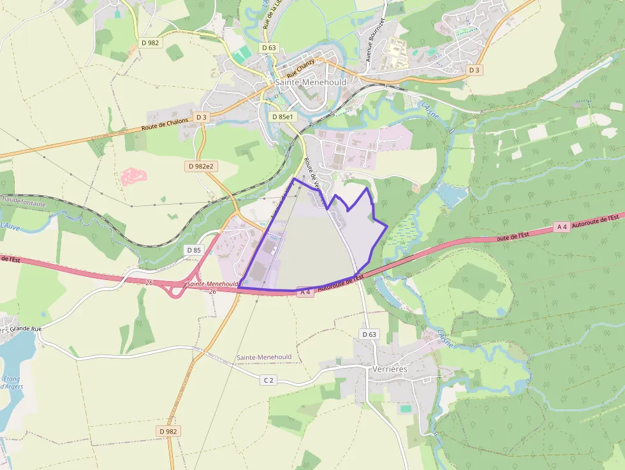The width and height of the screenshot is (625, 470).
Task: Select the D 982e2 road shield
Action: pyautogui.click(x=202, y=166)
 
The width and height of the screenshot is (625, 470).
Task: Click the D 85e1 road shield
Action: pyautogui.click(x=281, y=117)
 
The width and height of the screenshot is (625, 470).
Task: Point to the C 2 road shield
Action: pyautogui.click(x=268, y=380)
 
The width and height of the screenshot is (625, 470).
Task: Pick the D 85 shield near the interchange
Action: pyautogui.click(x=194, y=250)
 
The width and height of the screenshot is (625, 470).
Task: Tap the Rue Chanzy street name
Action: pyautogui.click(x=300, y=68)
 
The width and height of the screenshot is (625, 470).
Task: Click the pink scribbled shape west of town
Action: pyautogui.click(x=134, y=176)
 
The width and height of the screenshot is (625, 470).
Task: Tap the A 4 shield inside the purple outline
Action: pyautogui.click(x=305, y=292)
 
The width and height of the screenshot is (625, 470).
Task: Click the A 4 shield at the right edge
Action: pyautogui.click(x=562, y=226)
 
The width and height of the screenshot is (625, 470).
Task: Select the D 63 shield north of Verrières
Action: pyautogui.click(x=369, y=334)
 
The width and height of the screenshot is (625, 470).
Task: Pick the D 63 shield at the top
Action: pyautogui.click(x=269, y=48)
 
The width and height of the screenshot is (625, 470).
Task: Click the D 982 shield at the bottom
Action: pyautogui.click(x=167, y=431)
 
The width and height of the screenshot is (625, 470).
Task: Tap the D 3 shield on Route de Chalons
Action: pyautogui.click(x=202, y=117)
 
